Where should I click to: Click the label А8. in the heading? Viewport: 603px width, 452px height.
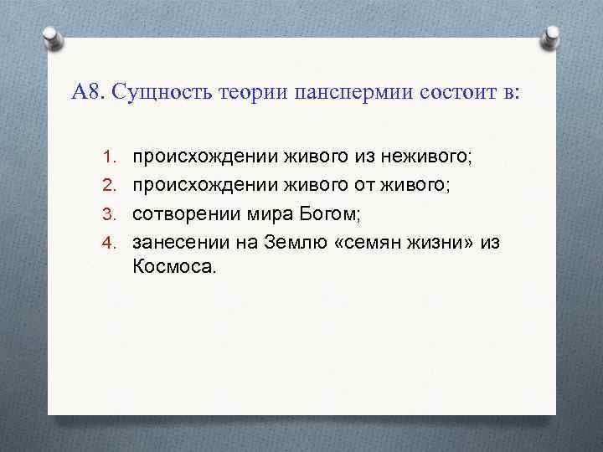(87, 91)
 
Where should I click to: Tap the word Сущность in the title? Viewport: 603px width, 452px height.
(160, 91)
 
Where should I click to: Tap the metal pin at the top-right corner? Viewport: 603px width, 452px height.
(552, 38)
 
